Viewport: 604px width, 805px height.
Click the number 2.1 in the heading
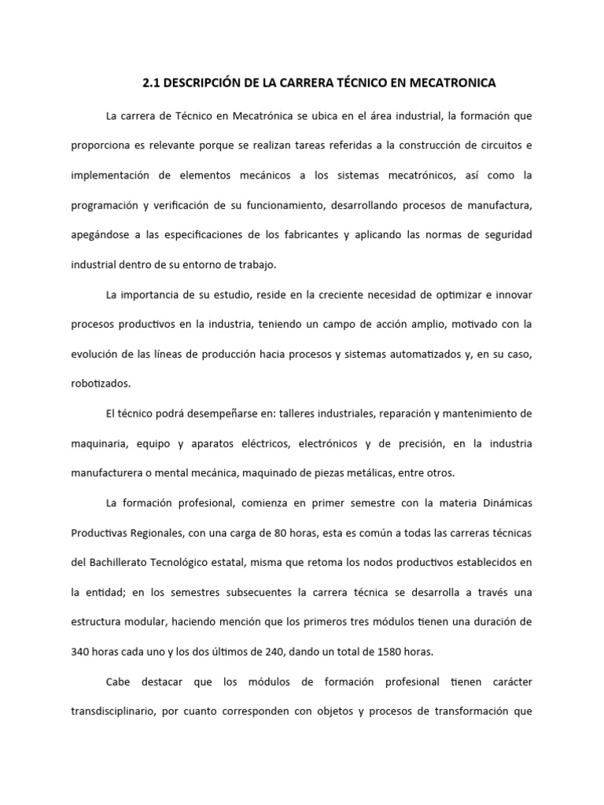152,81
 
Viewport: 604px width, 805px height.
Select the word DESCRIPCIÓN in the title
208,81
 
